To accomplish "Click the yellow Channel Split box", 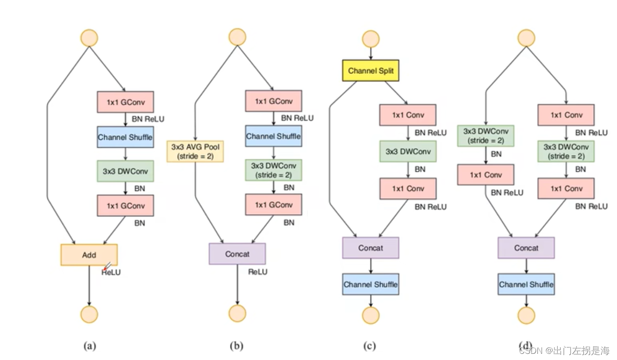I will pos(371,71).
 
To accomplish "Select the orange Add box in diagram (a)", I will pos(89,255).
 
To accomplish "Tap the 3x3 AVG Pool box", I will pos(194,151).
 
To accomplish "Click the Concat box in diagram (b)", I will pos(237,254).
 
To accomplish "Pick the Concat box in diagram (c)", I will pos(371,248).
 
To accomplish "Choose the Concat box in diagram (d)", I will pos(526,248).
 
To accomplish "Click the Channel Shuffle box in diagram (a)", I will pos(125,137).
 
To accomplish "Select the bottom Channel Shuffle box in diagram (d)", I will pos(526,284).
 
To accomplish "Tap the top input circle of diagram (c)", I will pos(371,39).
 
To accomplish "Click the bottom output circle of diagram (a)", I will pos(89,314).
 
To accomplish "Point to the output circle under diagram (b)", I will pos(237,313).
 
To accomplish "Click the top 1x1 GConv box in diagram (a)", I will pos(125,101).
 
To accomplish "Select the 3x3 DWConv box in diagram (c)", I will pos(408,152).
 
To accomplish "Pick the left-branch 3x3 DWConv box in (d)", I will pos(486,135).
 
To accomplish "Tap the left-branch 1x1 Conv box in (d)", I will pos(486,175).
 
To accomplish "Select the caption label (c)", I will pos(370,346).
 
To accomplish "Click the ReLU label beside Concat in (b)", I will pos(258,272).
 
